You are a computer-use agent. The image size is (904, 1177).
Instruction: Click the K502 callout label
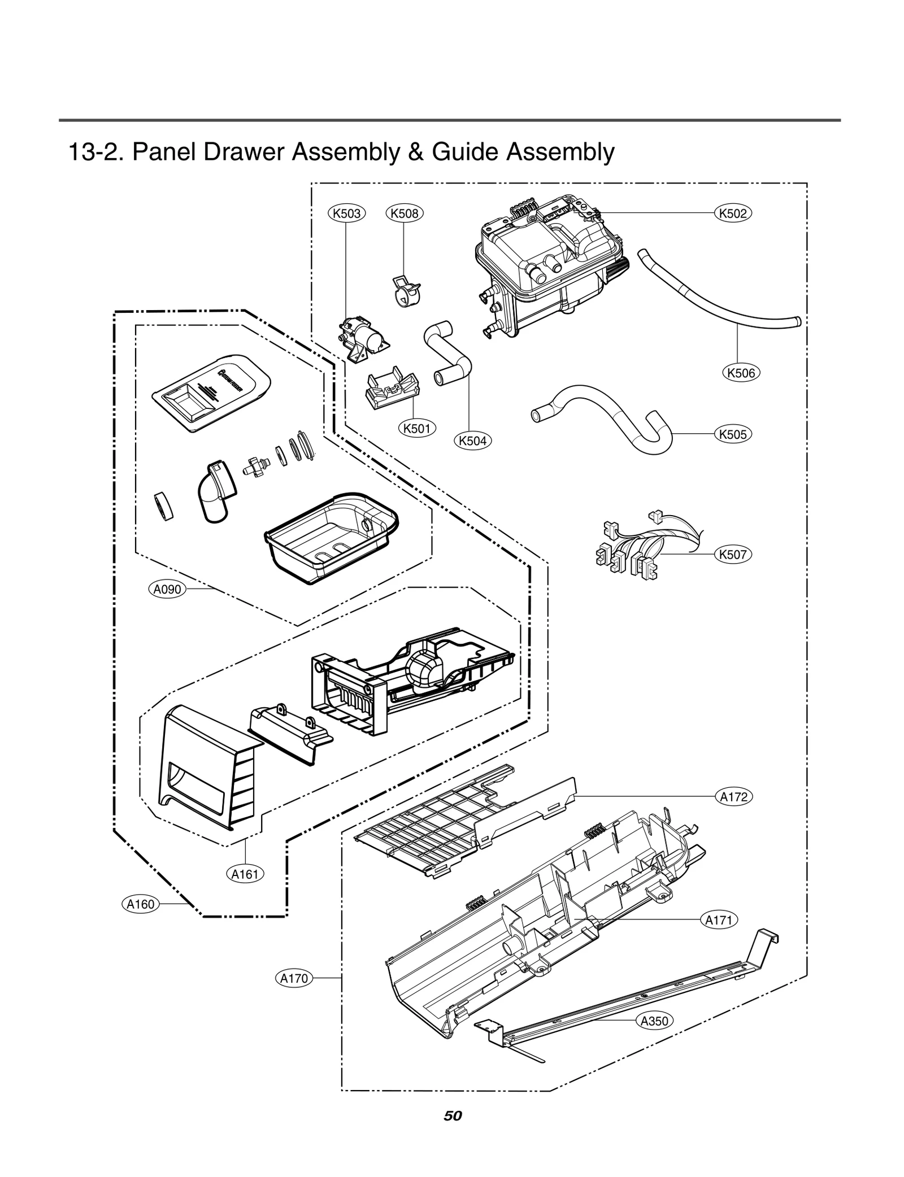point(733,213)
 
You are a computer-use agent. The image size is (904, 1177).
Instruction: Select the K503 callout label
point(347,213)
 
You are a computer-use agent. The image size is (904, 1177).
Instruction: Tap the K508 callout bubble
point(405,213)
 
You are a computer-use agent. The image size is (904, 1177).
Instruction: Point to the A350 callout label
point(654,1021)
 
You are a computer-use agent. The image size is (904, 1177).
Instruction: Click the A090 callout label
point(168,590)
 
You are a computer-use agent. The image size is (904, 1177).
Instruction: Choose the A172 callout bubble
point(734,797)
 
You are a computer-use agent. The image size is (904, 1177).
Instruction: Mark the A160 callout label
point(140,904)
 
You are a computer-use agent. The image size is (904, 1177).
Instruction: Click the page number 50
point(453,1115)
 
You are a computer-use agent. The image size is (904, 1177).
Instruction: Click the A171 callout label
point(719,920)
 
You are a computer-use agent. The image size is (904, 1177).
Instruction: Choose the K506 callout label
point(741,373)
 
